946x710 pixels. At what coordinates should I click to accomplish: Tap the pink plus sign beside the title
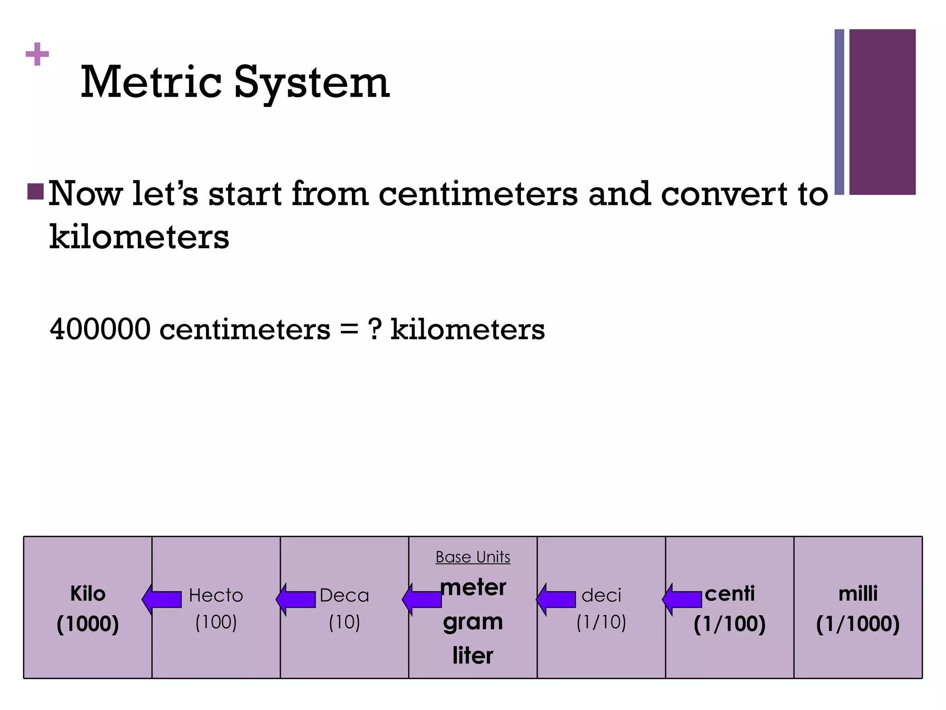pos(37,55)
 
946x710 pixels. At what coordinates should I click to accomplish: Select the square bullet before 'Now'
pos(36,191)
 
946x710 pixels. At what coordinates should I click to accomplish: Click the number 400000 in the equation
pos(100,329)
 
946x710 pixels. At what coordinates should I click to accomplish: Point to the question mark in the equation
pos(375,329)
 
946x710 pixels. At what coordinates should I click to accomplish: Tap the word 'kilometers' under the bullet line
pos(139,237)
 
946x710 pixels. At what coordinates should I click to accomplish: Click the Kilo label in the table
pos(88,594)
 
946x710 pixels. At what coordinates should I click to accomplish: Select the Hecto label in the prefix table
pos(216,595)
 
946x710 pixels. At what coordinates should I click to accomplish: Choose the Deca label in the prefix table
pos(345,595)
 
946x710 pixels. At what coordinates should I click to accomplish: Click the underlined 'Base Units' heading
pos(473,557)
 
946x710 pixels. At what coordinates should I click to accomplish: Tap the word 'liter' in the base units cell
pos(473,655)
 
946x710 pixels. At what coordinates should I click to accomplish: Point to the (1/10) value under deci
pos(601,622)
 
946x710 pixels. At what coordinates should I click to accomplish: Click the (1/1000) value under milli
pos(858,624)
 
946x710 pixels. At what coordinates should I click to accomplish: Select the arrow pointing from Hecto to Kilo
pos(162,599)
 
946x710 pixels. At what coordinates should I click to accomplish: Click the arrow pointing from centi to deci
pos(682,599)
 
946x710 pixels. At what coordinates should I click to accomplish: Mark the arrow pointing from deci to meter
pos(556,599)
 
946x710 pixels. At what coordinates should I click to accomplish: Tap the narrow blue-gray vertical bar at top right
pos(839,111)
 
